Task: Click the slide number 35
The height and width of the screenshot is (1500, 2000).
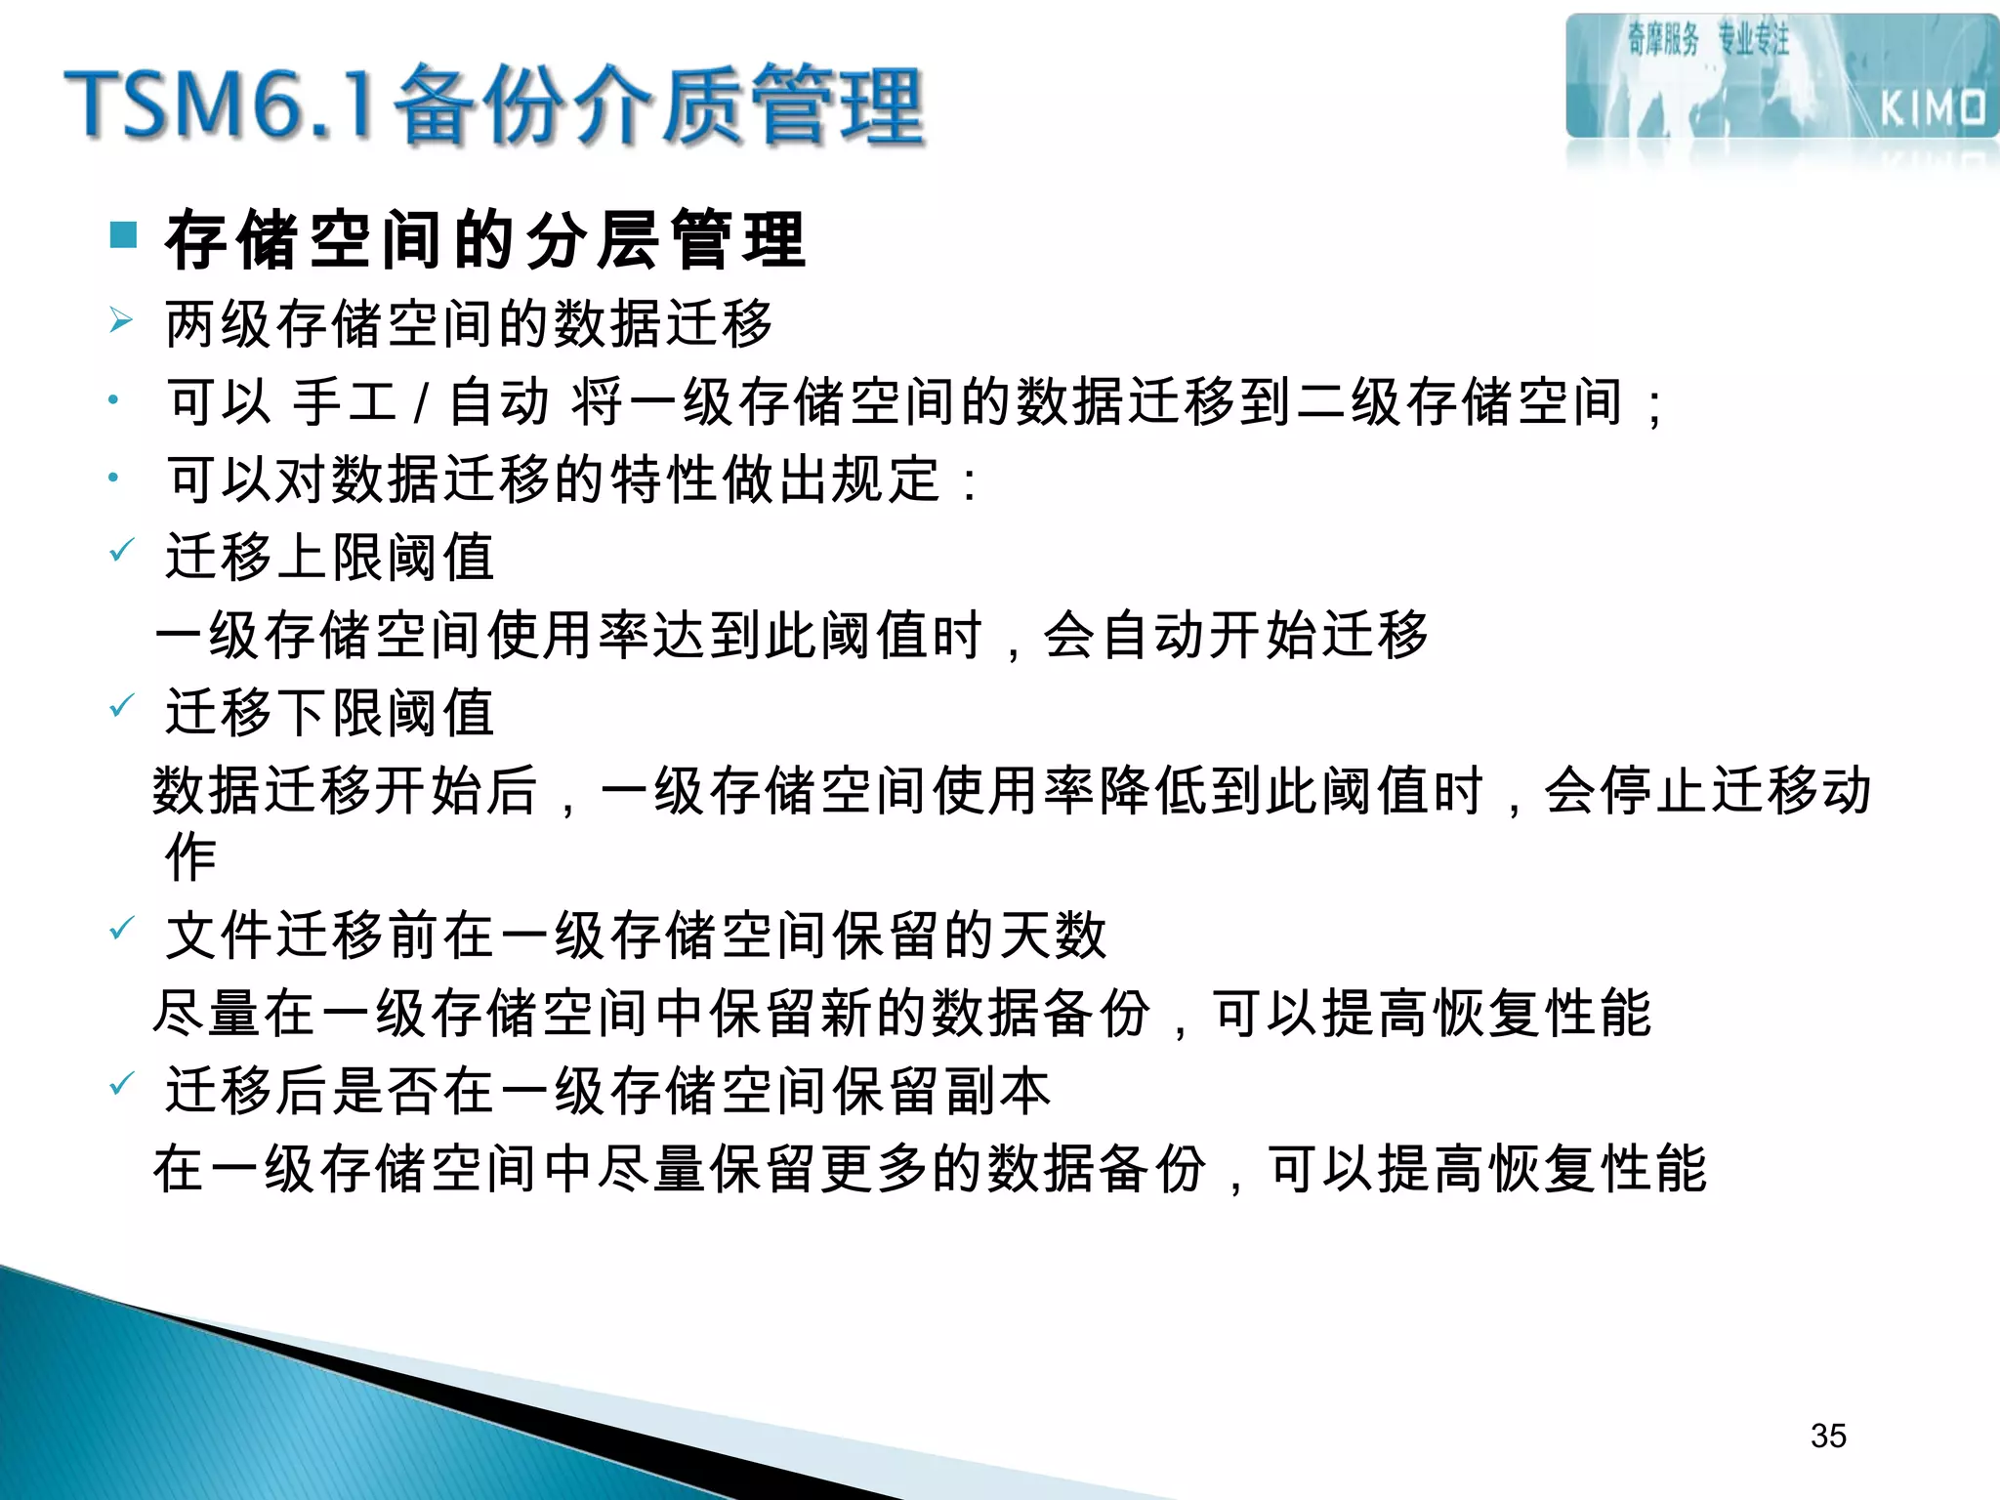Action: pos(1828,1436)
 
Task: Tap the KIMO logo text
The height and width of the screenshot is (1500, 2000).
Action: pos(1933,107)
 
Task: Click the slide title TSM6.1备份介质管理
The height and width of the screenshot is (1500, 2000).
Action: pos(494,104)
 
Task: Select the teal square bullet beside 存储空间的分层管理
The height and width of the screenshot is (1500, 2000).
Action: pos(123,234)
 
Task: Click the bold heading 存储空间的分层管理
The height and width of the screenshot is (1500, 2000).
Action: pos(485,239)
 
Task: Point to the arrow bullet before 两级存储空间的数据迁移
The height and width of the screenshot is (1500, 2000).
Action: pos(121,320)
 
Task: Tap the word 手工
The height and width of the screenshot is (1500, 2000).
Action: pos(345,401)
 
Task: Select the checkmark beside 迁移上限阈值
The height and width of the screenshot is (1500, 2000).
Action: pos(121,552)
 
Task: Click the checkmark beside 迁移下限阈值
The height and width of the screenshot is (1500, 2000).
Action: pos(121,706)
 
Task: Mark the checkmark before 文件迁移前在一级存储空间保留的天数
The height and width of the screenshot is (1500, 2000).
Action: pos(121,930)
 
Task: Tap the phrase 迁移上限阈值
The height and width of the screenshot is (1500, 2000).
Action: pos(330,557)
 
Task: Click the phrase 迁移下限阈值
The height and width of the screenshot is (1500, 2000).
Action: pos(330,712)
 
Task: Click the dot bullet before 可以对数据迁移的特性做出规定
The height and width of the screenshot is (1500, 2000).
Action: pos(113,478)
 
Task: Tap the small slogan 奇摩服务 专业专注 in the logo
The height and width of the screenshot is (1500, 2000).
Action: pos(1707,40)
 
